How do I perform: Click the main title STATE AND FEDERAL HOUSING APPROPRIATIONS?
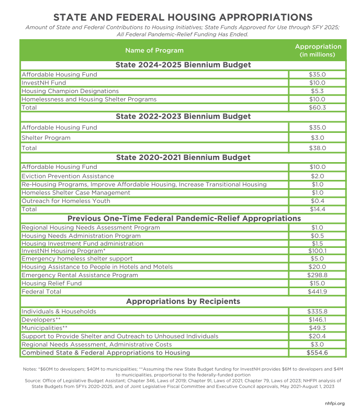pyautogui.click(x=180, y=17)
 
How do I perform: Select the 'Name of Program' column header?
pyautogui.click(x=154, y=50)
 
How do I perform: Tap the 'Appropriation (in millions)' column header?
pyautogui.click(x=318, y=50)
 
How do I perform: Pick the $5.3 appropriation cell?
pyautogui.click(x=317, y=91)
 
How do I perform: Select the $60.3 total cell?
pyautogui.click(x=317, y=107)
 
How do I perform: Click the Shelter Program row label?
pyautogui.click(x=46, y=138)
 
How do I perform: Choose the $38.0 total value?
pyautogui.click(x=317, y=148)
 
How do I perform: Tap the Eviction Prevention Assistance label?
pyautogui.click(x=67, y=176)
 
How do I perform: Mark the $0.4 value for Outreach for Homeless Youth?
pyautogui.click(x=317, y=201)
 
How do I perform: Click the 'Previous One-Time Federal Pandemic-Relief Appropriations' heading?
pyautogui.click(x=183, y=218)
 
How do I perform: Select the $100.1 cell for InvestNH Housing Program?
pyautogui.click(x=317, y=251)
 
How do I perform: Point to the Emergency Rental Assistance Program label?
pyautogui.click(x=80, y=275)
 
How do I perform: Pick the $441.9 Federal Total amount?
pyautogui.click(x=317, y=291)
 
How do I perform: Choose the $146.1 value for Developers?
pyautogui.click(x=317, y=320)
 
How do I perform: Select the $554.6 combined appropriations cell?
pyautogui.click(x=317, y=353)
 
